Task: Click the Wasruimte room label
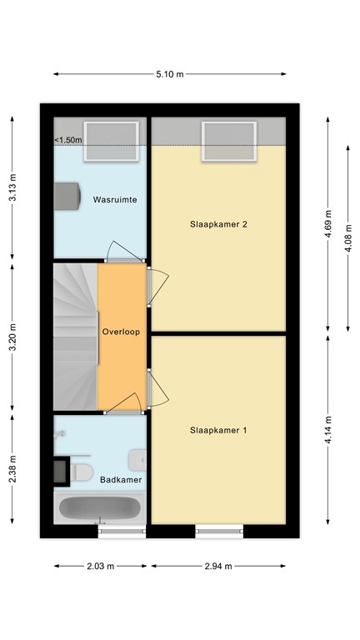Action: (x=115, y=200)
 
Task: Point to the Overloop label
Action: (x=120, y=331)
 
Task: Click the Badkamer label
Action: (x=120, y=480)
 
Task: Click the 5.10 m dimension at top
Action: (x=169, y=74)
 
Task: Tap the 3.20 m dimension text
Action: (x=12, y=338)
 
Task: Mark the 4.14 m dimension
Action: (x=327, y=430)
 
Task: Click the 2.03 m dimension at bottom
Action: (x=101, y=566)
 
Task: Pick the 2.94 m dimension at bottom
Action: (x=217, y=566)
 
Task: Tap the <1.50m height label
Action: (x=68, y=140)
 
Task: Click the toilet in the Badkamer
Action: (x=82, y=472)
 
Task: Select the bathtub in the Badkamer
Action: (x=100, y=507)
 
